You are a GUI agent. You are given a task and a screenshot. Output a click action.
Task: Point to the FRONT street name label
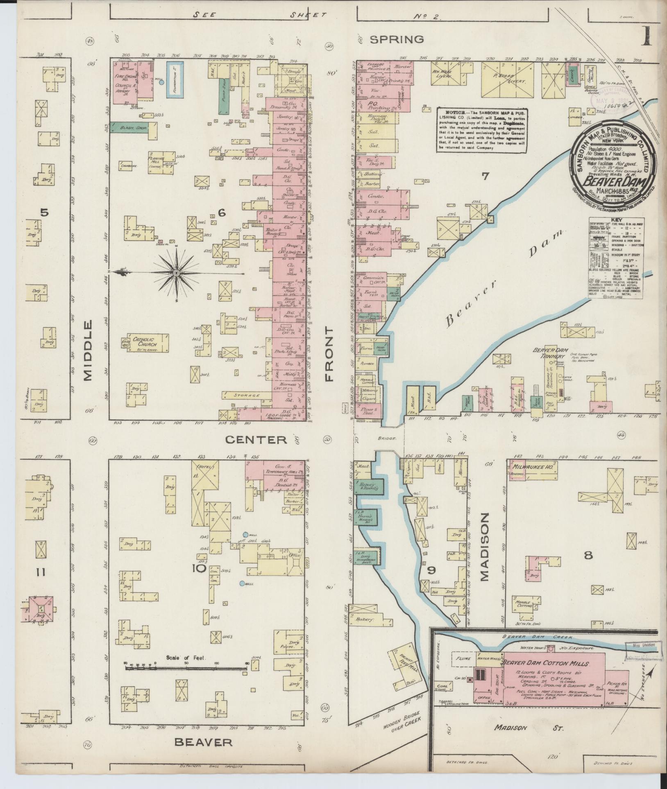point(329,354)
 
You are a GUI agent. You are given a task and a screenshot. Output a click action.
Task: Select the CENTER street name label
point(256,440)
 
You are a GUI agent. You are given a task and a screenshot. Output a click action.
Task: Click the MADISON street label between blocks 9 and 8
point(485,547)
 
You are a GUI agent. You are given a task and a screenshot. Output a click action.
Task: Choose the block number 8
point(588,555)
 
